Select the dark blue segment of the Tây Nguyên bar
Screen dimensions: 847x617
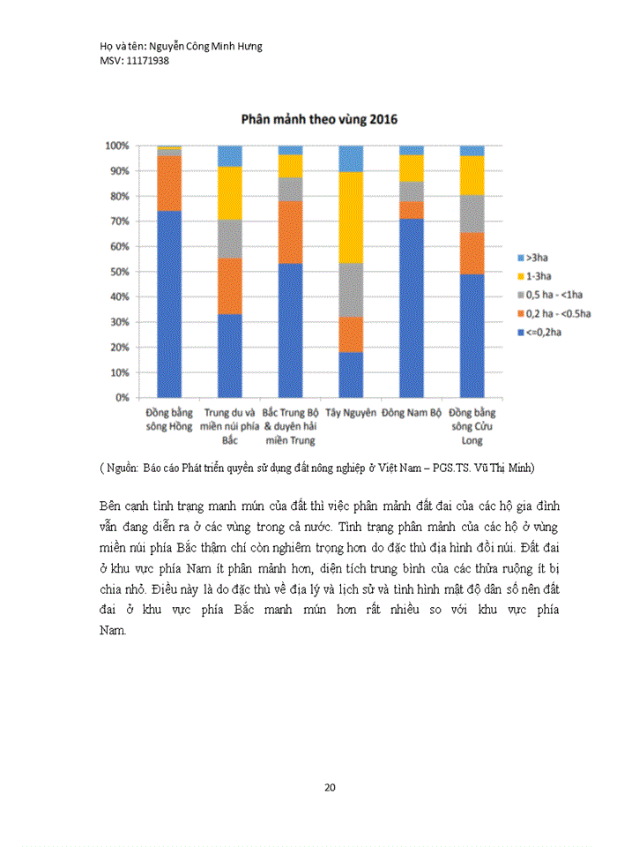(x=351, y=374)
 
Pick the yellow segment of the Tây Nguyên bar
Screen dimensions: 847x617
(x=351, y=217)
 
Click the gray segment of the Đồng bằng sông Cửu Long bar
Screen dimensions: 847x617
(x=472, y=214)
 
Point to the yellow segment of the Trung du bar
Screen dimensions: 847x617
(x=229, y=193)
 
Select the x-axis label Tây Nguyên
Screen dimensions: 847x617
(x=350, y=413)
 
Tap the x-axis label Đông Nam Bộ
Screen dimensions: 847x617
(x=411, y=413)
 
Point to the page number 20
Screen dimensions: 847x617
(x=330, y=787)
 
